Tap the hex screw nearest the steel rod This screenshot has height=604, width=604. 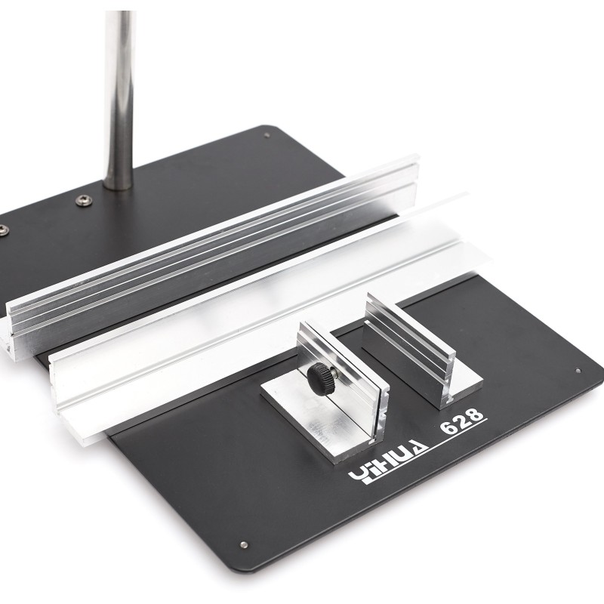point(83,200)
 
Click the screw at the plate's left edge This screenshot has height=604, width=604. point(4,230)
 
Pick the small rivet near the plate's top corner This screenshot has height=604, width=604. point(268,135)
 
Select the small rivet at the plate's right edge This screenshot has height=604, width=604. point(578,371)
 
